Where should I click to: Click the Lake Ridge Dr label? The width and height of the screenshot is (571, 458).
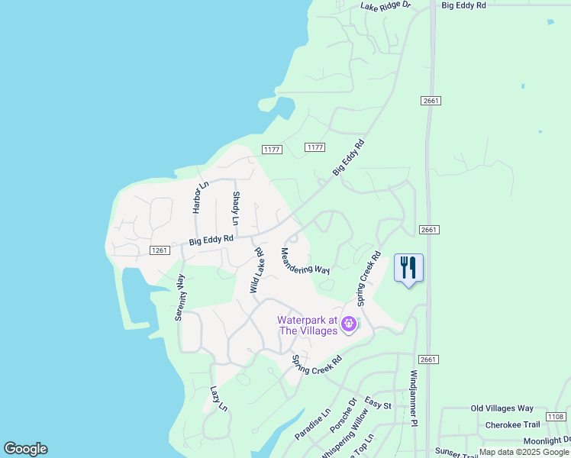pyautogui.click(x=386, y=5)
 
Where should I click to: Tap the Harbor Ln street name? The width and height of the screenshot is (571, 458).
pyautogui.click(x=200, y=197)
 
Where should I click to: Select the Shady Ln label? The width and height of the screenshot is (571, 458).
pyautogui.click(x=236, y=208)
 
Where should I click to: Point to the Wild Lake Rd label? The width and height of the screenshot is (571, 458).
pyautogui.click(x=256, y=270)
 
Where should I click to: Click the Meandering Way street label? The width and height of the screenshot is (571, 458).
pyautogui.click(x=305, y=261)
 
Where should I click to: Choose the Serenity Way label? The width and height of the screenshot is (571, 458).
pyautogui.click(x=181, y=297)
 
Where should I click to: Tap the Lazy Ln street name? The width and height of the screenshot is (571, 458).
pyautogui.click(x=219, y=398)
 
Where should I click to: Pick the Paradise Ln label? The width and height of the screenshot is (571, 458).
pyautogui.click(x=313, y=424)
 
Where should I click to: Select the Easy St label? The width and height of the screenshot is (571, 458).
pyautogui.click(x=378, y=405)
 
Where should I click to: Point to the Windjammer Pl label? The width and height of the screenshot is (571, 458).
pyautogui.click(x=414, y=398)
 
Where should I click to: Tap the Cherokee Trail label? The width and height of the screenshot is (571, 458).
pyautogui.click(x=515, y=424)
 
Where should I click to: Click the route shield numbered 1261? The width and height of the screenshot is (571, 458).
pyautogui.click(x=160, y=250)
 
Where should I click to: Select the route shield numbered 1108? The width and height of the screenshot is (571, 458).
pyautogui.click(x=556, y=417)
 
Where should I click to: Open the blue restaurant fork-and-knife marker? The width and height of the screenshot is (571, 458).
pyautogui.click(x=408, y=268)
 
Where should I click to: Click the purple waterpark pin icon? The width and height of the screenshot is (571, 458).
pyautogui.click(x=349, y=324)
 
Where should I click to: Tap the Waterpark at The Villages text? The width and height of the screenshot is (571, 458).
pyautogui.click(x=308, y=326)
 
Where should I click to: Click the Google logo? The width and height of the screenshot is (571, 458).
pyautogui.click(x=25, y=449)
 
